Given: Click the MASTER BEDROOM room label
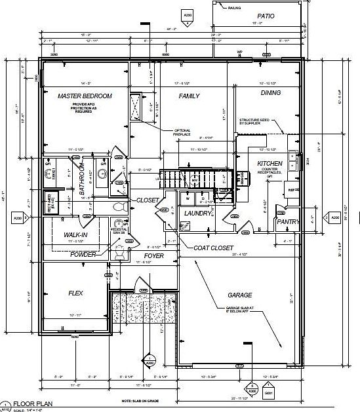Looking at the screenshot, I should pos(85,96).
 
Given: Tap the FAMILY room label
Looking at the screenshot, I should pos(189,96).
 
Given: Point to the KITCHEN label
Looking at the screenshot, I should pos(270,163).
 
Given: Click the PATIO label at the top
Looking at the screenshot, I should pos(266,16).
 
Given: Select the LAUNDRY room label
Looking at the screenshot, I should pos(197,214).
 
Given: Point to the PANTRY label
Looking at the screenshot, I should pos(288,222).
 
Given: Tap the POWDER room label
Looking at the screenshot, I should pos(83,254).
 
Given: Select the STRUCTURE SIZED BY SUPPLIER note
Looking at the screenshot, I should pos(257,121).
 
